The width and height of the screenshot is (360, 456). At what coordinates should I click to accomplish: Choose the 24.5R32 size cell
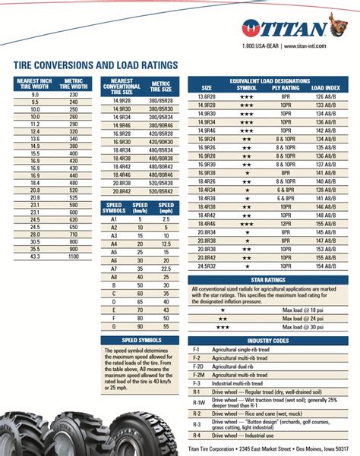(x=207, y=266)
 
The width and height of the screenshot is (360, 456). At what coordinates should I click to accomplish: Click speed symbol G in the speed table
(x=113, y=325)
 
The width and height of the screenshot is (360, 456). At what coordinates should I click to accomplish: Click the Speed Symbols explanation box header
(x=140, y=341)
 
